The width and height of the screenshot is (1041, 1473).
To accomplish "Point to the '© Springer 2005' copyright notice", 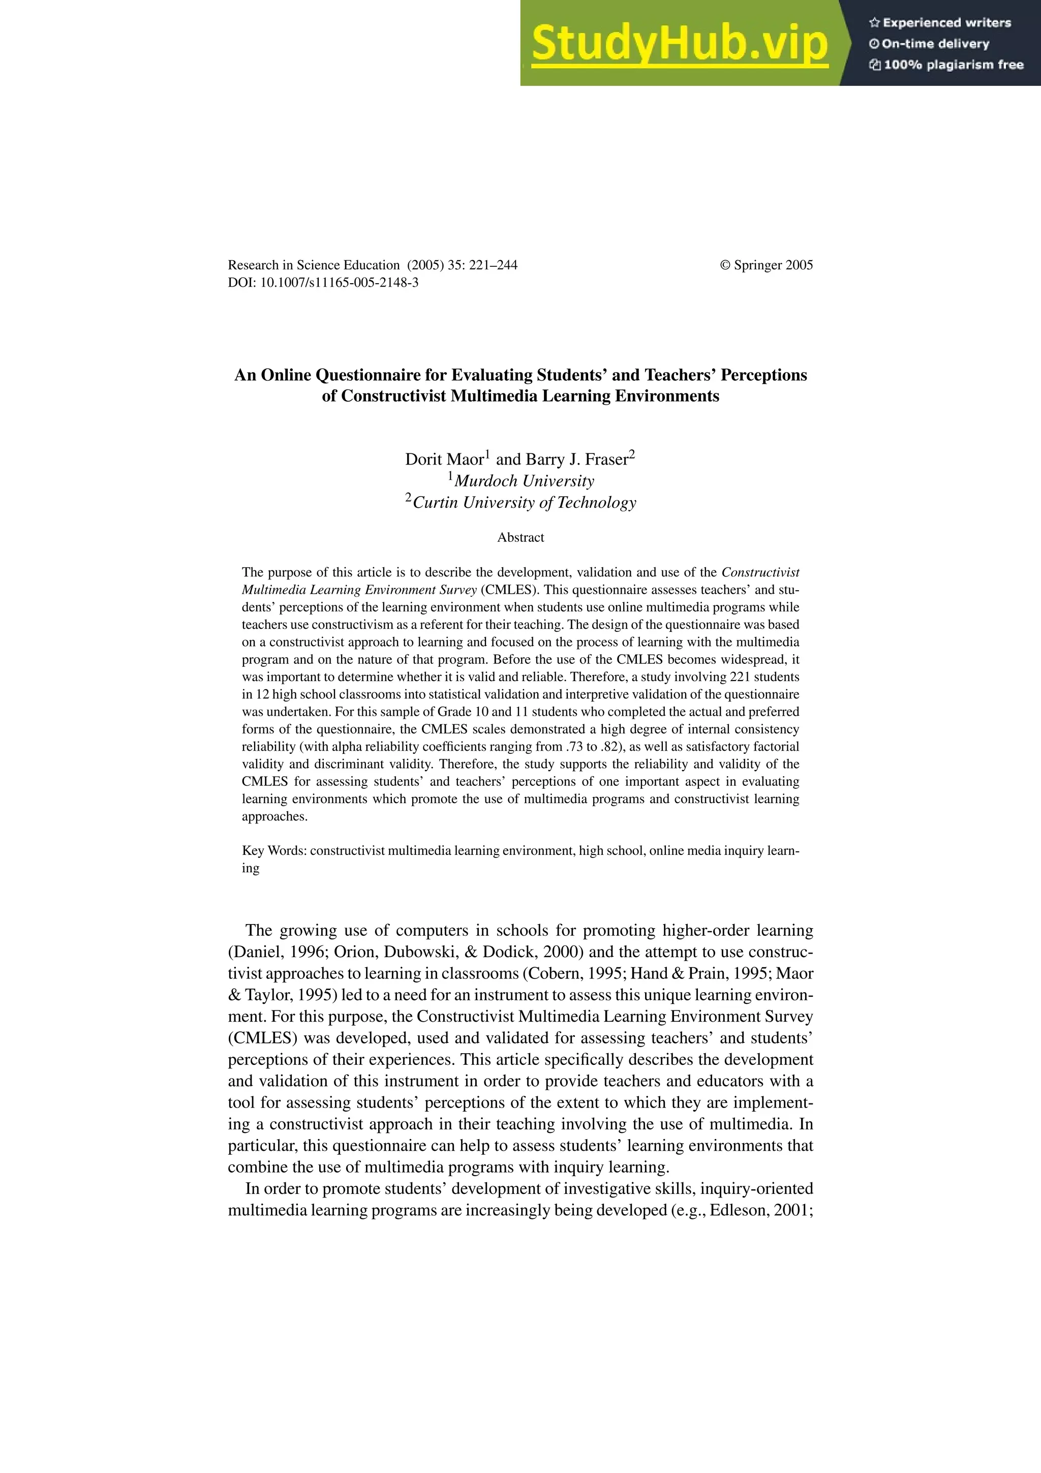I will pyautogui.click(x=766, y=265).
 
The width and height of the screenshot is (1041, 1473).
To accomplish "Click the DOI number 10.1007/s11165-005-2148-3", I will pyautogui.click(x=339, y=282).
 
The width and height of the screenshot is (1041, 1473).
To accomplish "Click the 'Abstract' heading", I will pyautogui.click(x=520, y=538).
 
